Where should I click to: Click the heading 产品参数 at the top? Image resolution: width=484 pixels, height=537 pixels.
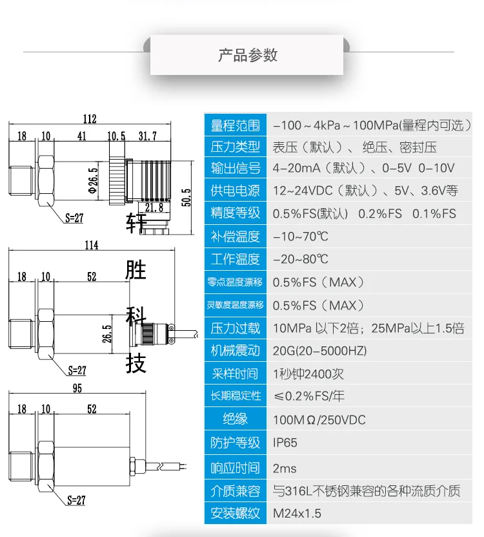[x=248, y=55]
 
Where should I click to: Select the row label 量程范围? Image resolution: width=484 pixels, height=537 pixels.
[x=236, y=125]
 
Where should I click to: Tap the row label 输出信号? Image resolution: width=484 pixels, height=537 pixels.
[x=236, y=168]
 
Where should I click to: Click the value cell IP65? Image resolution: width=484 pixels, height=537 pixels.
[x=285, y=443]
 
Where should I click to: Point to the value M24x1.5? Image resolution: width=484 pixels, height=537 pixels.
[x=297, y=514]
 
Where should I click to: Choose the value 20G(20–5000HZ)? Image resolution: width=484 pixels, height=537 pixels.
[x=319, y=351]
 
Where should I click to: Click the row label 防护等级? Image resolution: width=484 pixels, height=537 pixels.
[x=236, y=443]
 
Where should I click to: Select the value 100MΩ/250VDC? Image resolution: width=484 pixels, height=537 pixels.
[x=319, y=420]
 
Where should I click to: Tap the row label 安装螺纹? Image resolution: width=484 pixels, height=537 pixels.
[x=236, y=514]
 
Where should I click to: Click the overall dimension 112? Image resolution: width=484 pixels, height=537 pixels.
[x=89, y=119]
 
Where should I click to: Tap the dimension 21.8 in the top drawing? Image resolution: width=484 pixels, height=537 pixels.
[x=154, y=207]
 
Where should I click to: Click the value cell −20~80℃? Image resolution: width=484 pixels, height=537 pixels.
[x=300, y=259]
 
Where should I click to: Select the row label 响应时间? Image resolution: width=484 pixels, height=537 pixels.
[x=236, y=468]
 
